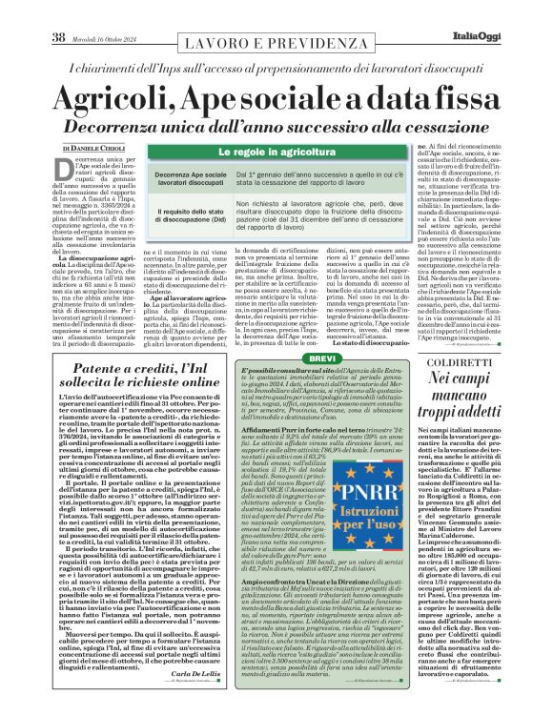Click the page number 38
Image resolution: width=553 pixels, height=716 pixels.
pos(58,10)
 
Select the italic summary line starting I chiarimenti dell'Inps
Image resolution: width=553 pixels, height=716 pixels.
pos(276,71)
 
